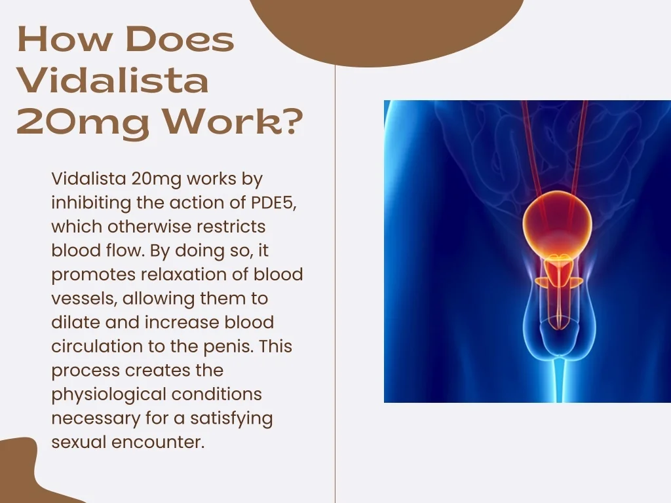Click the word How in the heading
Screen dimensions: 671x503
(64, 39)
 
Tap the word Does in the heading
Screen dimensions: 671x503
(180, 39)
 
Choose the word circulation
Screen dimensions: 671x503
(97, 346)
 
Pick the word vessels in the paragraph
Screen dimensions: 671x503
(84, 298)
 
